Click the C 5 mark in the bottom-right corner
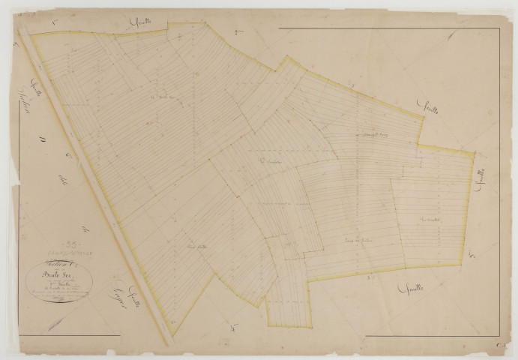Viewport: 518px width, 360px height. [498, 344]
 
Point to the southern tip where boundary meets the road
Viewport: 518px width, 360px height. [172, 324]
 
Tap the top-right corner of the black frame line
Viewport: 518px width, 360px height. [500, 27]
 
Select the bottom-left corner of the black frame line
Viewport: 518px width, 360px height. [25, 335]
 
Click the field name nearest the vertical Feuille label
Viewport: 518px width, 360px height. [430, 220]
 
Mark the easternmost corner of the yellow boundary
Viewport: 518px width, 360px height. [474, 154]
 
